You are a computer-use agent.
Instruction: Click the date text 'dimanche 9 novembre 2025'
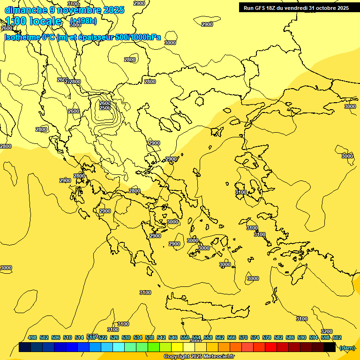[64, 10]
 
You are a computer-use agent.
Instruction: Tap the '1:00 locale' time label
[33, 21]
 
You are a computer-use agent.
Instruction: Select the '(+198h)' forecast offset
[83, 21]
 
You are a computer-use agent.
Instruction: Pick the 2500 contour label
[105, 108]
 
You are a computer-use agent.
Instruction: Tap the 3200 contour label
[326, 331]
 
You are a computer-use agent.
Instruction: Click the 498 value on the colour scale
[32, 337]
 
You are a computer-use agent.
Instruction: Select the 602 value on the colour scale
[337, 337]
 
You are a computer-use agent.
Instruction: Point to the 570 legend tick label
[243, 337]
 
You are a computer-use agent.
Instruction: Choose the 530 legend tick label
[126, 337]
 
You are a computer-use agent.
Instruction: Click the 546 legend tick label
[173, 337]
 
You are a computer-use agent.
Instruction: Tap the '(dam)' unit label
[347, 348]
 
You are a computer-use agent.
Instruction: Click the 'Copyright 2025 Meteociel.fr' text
[199, 356]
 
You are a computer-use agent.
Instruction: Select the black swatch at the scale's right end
[330, 347]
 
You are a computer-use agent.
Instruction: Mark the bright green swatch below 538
[154, 347]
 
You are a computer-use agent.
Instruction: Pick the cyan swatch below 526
[119, 347]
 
